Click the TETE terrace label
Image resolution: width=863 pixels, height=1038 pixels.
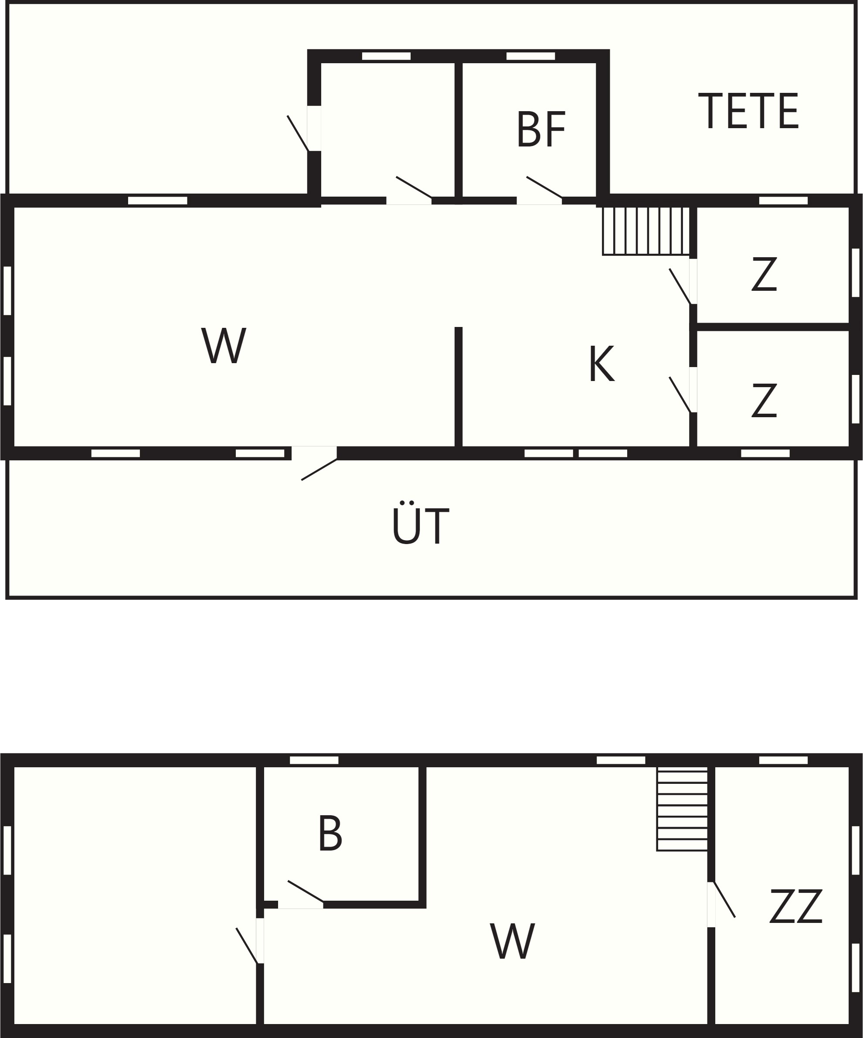click(x=748, y=111)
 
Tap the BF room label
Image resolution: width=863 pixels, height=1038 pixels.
click(x=541, y=129)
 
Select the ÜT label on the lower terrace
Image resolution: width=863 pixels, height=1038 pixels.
click(x=421, y=523)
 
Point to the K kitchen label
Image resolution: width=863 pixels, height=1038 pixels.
click(x=602, y=363)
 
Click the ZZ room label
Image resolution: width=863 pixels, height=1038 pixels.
click(x=796, y=905)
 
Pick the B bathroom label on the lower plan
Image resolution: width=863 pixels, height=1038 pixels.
click(x=330, y=833)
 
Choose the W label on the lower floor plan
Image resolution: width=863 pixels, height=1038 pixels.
click(x=513, y=941)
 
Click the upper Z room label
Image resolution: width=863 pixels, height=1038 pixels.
click(x=764, y=274)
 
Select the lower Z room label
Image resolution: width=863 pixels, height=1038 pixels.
click(x=764, y=400)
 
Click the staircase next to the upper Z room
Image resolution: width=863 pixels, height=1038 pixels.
click(x=646, y=231)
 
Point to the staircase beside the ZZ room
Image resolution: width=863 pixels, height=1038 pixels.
click(x=682, y=809)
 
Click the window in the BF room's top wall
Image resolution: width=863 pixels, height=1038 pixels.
click(x=530, y=56)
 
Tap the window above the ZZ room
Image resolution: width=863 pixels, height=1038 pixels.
click(x=783, y=760)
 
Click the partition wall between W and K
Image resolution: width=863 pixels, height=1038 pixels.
click(x=459, y=387)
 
